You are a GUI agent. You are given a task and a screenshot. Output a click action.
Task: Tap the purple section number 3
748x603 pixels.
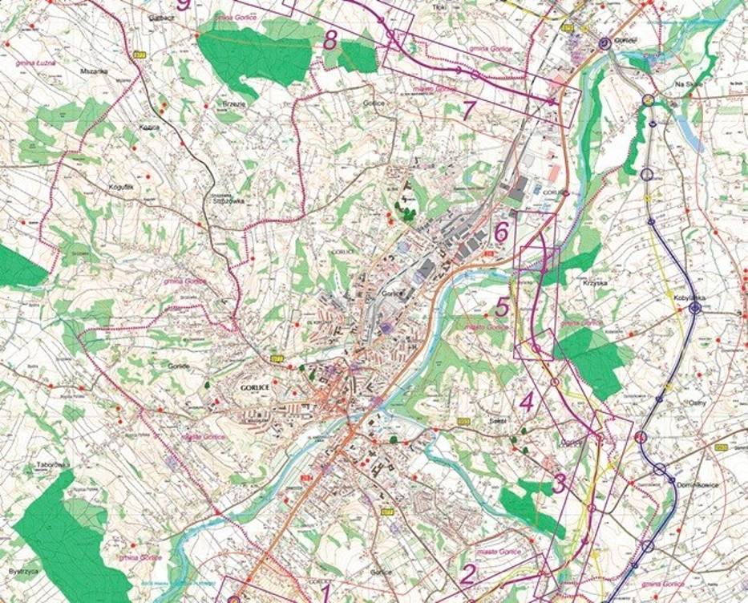pos(560,484)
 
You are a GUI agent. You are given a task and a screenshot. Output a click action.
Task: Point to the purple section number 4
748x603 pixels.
pos(527,403)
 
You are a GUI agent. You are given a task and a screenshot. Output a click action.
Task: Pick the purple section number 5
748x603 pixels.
pos(502,306)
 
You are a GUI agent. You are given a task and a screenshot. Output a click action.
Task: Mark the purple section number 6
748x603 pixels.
pos(502,233)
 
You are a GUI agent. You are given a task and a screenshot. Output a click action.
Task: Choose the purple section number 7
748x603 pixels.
pos(470,111)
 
